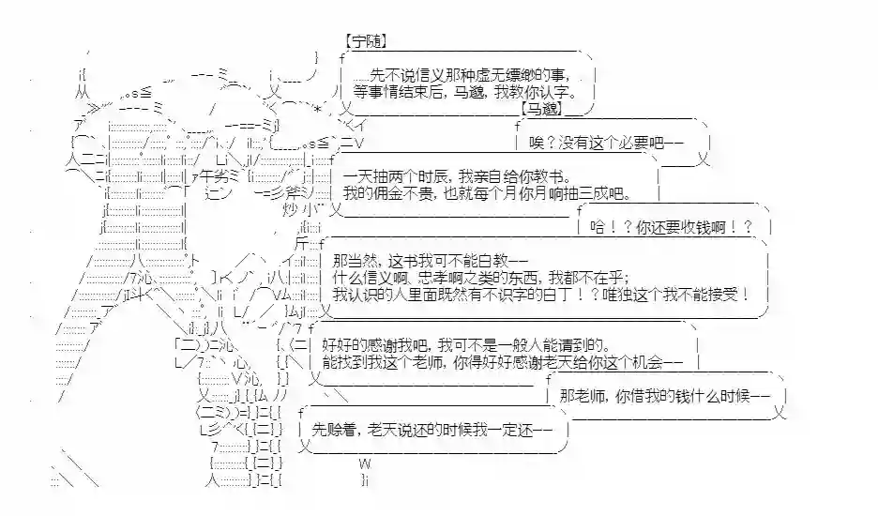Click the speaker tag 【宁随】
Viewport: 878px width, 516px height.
pos(366,41)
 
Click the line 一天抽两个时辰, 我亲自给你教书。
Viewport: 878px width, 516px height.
pos(454,175)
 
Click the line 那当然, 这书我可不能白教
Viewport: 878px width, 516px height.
pos(431,259)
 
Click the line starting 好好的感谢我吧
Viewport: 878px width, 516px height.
pos(470,342)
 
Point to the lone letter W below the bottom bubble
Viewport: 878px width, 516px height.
pos(365,463)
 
